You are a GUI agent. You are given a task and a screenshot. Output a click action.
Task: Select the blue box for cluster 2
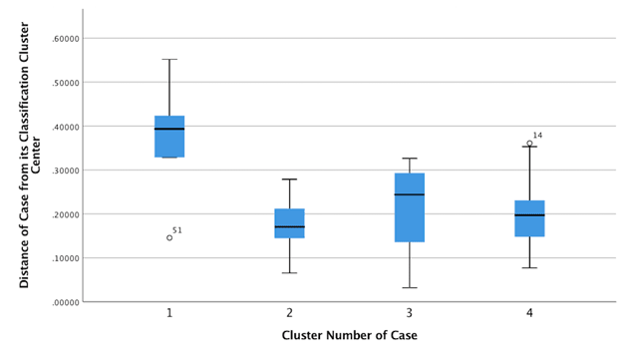[289, 222]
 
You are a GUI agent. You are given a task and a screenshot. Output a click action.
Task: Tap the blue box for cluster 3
[409, 207]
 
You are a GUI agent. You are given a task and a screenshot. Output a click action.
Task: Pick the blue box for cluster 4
[529, 218]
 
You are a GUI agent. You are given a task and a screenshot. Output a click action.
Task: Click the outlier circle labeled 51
[169, 237]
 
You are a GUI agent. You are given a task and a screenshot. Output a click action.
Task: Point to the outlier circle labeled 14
[529, 144]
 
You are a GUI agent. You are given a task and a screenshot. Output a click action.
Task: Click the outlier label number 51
[177, 230]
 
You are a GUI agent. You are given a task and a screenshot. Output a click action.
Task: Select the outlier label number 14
[537, 136]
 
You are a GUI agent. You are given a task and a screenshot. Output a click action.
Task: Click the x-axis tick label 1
[169, 313]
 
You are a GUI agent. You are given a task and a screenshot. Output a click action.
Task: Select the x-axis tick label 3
[409, 313]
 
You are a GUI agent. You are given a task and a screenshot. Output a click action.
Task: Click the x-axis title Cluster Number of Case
[349, 336]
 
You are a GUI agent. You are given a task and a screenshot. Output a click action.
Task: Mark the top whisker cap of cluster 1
[169, 59]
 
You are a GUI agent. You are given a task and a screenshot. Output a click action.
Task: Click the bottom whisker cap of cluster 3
[409, 287]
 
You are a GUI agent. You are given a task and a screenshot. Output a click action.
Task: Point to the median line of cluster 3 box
[409, 194]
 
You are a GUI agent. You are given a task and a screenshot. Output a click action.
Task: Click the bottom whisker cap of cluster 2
[289, 272]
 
